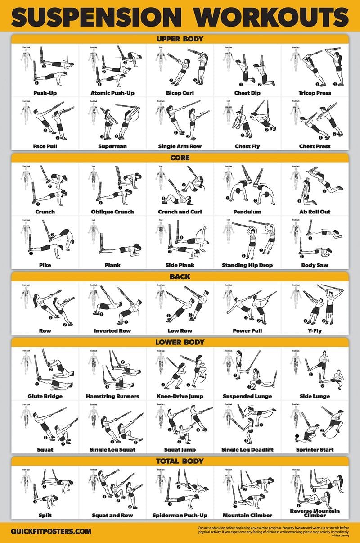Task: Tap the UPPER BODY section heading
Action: [x=180, y=39]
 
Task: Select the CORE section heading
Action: [x=180, y=158]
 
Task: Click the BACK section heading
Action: [x=180, y=277]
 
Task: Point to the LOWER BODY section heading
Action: [x=180, y=343]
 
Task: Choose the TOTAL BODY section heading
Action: [x=180, y=462]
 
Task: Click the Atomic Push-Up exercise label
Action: [x=112, y=93]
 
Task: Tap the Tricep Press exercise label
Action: [x=315, y=93]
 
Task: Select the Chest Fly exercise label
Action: [x=247, y=146]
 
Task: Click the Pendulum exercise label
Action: [x=247, y=212]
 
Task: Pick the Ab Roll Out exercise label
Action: [x=315, y=212]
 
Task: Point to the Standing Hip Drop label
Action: [x=247, y=265]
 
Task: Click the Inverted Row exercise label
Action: [x=112, y=331]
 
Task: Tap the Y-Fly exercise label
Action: [x=315, y=331]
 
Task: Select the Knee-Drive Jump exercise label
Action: [x=180, y=397]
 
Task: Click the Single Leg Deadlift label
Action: [x=247, y=450]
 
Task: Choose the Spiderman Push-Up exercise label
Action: [x=180, y=516]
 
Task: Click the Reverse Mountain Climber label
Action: [x=315, y=513]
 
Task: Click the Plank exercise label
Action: [x=112, y=265]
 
